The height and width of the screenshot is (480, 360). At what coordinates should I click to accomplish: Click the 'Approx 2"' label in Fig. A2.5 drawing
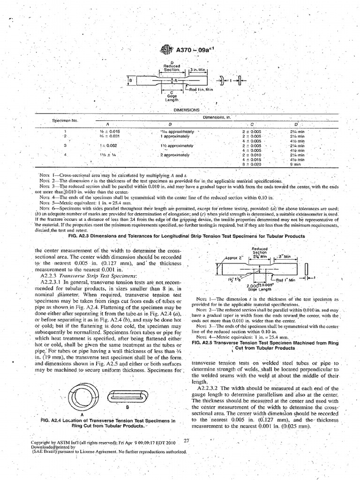point(234,257)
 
